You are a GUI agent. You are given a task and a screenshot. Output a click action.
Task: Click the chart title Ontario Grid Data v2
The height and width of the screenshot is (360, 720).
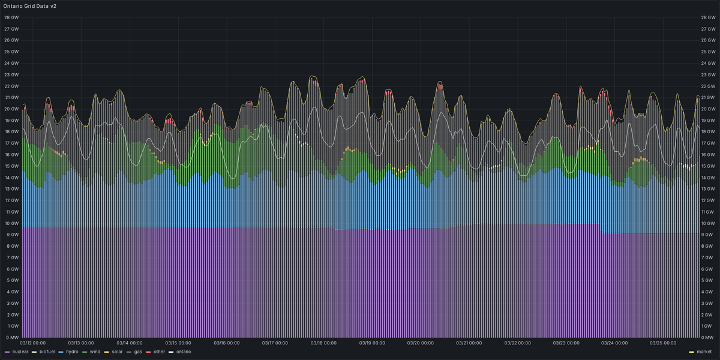pos(30,5)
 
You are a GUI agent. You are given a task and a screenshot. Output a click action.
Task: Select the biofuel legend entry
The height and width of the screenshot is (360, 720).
pos(46,352)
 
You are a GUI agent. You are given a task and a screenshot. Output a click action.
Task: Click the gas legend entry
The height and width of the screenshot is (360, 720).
pos(138,352)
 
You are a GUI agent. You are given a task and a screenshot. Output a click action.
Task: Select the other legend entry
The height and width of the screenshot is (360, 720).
pos(159,352)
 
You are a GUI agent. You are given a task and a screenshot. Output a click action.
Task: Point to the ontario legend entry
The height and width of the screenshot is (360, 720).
pos(183,352)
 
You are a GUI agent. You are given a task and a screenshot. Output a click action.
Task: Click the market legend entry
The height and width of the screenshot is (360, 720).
pos(703,352)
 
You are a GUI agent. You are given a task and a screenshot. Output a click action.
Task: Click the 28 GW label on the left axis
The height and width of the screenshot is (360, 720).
pos(11,17)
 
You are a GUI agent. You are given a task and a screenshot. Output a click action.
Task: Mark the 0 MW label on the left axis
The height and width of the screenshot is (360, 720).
pos(11,337)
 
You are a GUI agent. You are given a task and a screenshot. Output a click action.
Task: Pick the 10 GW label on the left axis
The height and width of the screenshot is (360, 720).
pos(11,223)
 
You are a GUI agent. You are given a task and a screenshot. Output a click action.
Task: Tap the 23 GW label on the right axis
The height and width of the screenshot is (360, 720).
pos(708,74)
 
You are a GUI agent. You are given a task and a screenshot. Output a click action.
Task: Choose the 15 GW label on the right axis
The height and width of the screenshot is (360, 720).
pos(708,166)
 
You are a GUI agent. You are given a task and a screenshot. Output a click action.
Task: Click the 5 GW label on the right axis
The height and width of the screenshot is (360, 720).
pos(708,280)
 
